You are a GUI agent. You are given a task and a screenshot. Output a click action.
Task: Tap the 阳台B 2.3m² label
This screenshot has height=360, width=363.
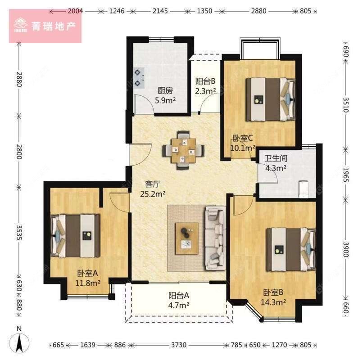tap(205, 86)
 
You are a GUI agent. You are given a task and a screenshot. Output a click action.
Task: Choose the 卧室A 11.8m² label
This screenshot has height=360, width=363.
tap(88, 278)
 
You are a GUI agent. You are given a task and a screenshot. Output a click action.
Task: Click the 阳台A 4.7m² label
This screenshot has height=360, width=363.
tap(178, 300)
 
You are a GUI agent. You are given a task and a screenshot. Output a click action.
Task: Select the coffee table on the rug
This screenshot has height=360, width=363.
tap(186, 235)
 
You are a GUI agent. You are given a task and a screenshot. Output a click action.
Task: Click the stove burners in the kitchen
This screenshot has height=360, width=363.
tap(139, 77)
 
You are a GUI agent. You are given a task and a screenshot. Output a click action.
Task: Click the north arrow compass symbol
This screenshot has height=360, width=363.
tap(19, 341)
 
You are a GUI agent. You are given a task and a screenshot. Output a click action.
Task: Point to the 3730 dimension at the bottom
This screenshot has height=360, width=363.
tap(179, 345)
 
